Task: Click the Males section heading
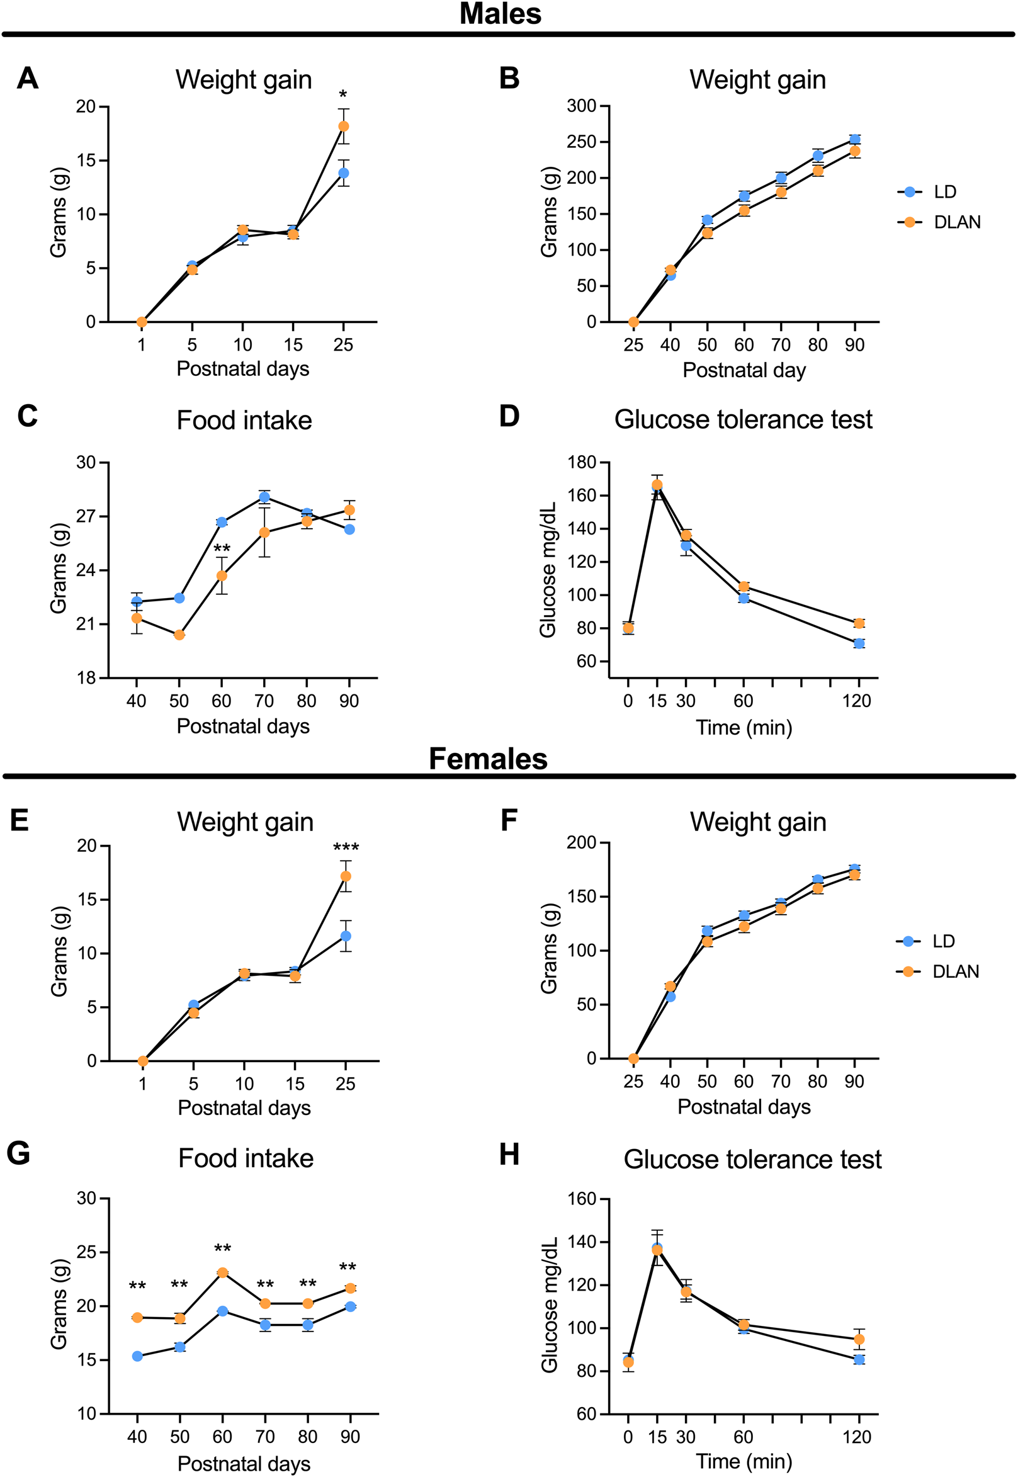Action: (500, 14)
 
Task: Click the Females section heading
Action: (488, 759)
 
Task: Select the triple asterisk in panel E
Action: (346, 848)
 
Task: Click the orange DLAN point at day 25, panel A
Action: (344, 127)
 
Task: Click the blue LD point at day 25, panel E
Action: (346, 936)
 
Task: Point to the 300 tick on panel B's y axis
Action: (581, 106)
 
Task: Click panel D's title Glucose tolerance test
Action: (743, 420)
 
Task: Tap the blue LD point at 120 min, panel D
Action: (859, 643)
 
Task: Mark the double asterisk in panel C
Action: (222, 549)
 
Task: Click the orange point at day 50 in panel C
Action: (179, 635)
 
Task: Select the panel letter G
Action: (19, 1153)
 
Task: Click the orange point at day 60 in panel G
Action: (223, 1272)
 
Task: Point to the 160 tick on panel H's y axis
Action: (581, 1199)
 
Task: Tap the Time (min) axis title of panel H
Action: (744, 1461)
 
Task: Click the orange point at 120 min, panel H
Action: (859, 1339)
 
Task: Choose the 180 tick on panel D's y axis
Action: (581, 462)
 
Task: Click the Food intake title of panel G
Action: (246, 1158)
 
